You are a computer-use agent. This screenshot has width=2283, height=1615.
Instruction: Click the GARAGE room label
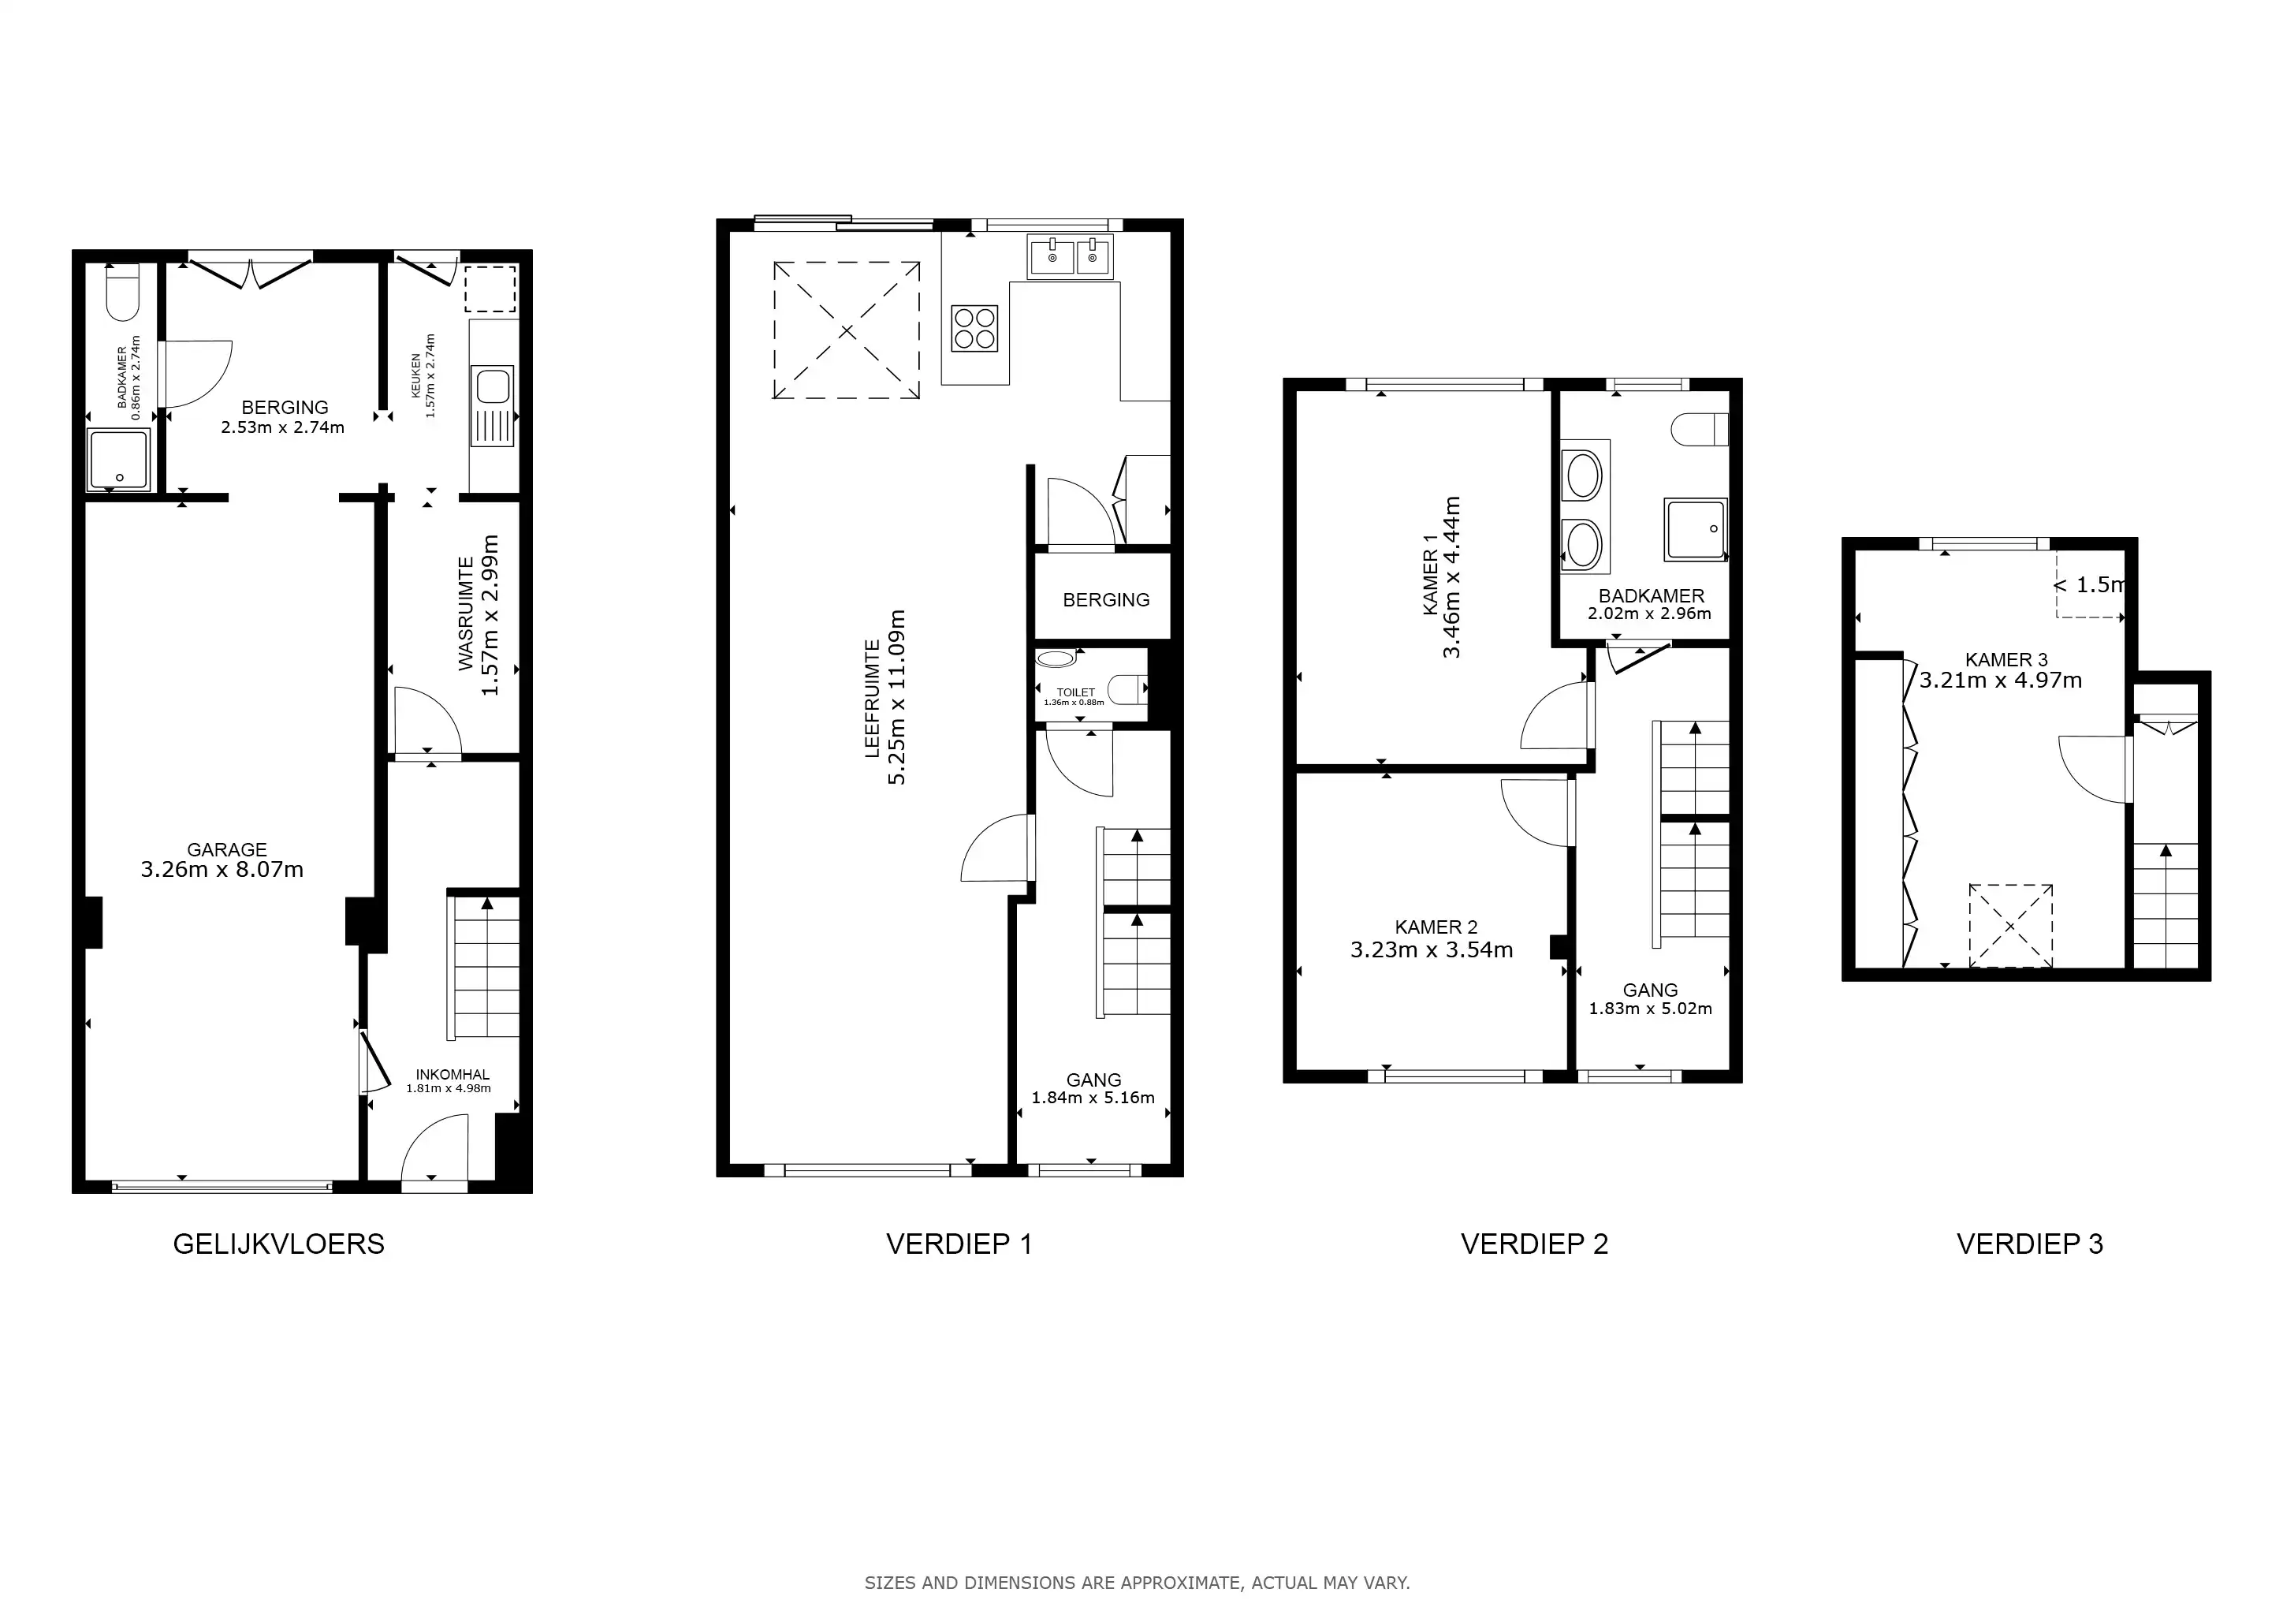click(x=227, y=849)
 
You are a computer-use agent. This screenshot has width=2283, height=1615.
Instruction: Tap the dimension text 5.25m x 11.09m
click(x=897, y=697)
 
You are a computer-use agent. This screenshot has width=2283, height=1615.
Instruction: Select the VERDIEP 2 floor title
click(x=1534, y=1244)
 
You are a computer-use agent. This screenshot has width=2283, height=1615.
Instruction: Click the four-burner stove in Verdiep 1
click(x=974, y=328)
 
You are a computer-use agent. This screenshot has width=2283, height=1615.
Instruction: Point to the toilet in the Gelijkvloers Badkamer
click(x=123, y=293)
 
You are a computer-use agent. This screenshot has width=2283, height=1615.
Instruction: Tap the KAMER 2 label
click(x=1436, y=927)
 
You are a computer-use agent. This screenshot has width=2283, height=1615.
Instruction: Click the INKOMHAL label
click(x=453, y=1074)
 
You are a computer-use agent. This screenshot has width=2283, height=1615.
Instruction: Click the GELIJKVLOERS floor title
click(x=278, y=1244)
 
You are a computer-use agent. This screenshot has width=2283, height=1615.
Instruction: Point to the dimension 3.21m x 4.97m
click(x=2001, y=681)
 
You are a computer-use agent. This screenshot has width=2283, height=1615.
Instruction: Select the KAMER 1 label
click(x=1430, y=576)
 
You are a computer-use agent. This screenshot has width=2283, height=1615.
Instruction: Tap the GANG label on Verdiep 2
click(x=1651, y=990)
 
